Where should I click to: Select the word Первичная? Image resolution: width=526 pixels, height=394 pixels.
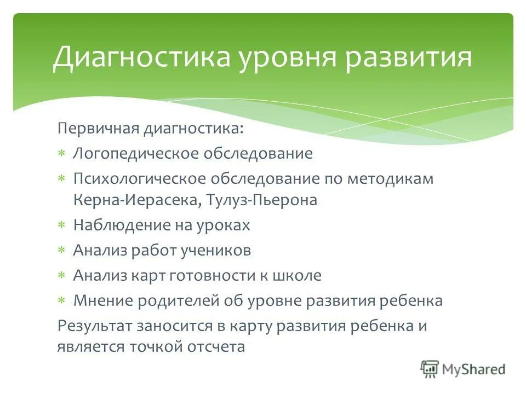click(98, 129)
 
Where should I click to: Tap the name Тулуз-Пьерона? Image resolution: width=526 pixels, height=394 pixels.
click(262, 200)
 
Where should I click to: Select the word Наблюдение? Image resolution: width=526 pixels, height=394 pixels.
click(114, 225)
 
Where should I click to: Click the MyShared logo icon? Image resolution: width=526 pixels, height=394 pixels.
click(430, 369)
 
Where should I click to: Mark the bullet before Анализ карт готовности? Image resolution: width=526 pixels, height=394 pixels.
click(62, 275)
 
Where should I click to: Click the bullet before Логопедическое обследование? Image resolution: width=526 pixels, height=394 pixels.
click(62, 154)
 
